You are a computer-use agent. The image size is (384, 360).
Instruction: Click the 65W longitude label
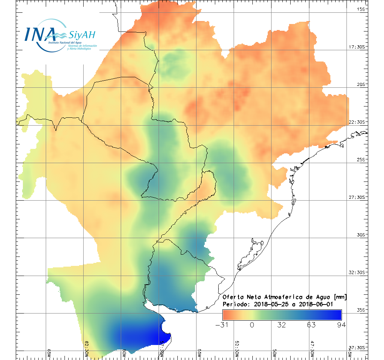click(49, 353)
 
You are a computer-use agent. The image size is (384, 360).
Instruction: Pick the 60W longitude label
click(124, 353)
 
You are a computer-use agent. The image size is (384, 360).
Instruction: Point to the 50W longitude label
click(274, 353)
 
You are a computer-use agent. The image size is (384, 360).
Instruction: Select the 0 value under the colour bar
click(252, 325)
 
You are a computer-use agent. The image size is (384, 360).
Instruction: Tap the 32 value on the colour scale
click(282, 325)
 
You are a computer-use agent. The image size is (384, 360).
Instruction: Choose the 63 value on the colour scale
click(311, 325)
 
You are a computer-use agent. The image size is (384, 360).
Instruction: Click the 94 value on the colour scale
click(341, 325)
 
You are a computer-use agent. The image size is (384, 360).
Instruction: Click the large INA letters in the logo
click(40, 34)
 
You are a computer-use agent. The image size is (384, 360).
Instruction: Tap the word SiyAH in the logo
click(82, 36)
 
